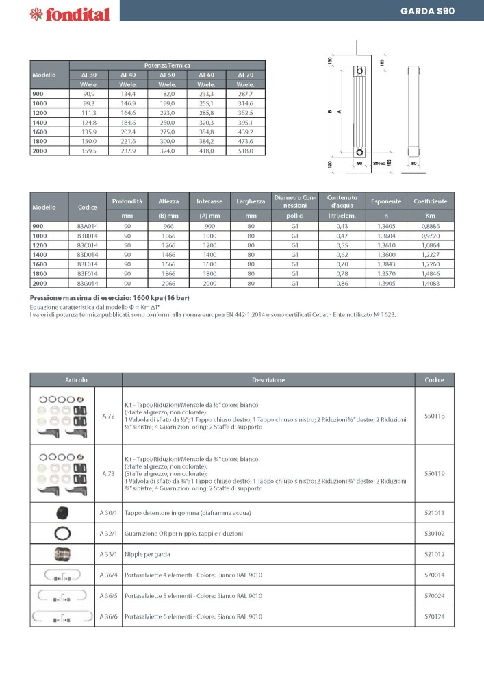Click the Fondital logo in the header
pos(61,13)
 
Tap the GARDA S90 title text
pos(427,11)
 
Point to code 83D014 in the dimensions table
pos(87,253)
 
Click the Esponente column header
pos(386,201)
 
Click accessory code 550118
pos(434,416)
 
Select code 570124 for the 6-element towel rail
pos(434,617)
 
